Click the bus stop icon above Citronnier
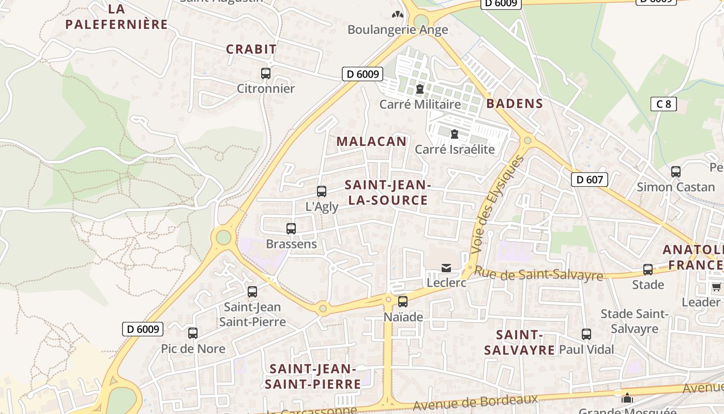pos(266,73)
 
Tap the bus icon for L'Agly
pos(322,191)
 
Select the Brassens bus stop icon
pos(291,229)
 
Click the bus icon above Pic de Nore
pos(193,333)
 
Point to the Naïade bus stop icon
pos(403,301)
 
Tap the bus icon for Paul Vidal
pos(586,334)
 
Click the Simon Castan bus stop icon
pos(676,172)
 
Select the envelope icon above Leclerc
pos(446,268)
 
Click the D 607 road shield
pos(589,180)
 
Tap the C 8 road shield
pos(663,104)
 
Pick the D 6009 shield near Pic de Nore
pos(143,329)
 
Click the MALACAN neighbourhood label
pos(371,141)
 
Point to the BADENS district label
pos(515,103)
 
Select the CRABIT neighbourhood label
pos(251,49)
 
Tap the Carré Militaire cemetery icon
pos(420,90)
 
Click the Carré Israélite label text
pos(455,150)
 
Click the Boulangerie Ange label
pos(398,29)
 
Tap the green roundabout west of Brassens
pos(223,237)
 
